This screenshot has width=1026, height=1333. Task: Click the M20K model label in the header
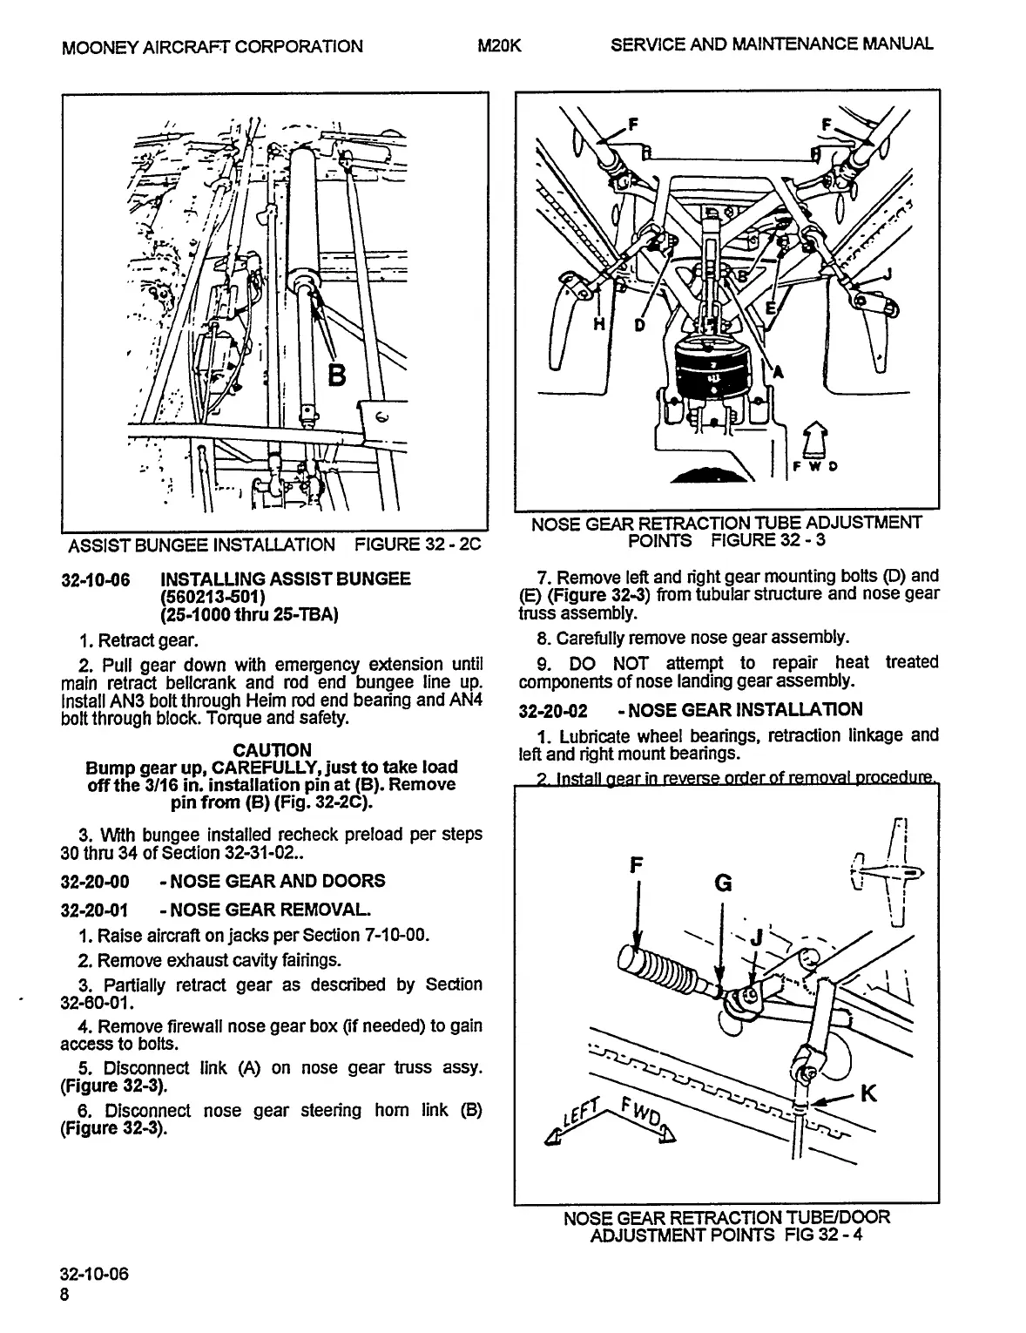click(x=500, y=45)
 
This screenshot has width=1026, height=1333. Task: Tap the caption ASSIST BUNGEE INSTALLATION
click(x=201, y=545)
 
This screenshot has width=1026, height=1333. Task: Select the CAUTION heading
click(x=272, y=750)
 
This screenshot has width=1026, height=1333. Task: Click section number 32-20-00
click(x=95, y=881)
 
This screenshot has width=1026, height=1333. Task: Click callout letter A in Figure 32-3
click(x=779, y=373)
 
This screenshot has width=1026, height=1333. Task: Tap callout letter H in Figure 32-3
click(x=599, y=324)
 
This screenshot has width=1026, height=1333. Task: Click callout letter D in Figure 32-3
click(x=639, y=325)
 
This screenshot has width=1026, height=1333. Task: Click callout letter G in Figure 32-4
click(x=723, y=883)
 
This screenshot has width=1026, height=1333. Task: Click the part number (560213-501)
click(x=213, y=597)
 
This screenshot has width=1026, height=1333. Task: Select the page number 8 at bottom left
click(x=65, y=1294)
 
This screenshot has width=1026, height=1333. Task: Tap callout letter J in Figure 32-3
click(x=888, y=274)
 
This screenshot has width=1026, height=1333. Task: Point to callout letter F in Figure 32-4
click(x=637, y=865)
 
